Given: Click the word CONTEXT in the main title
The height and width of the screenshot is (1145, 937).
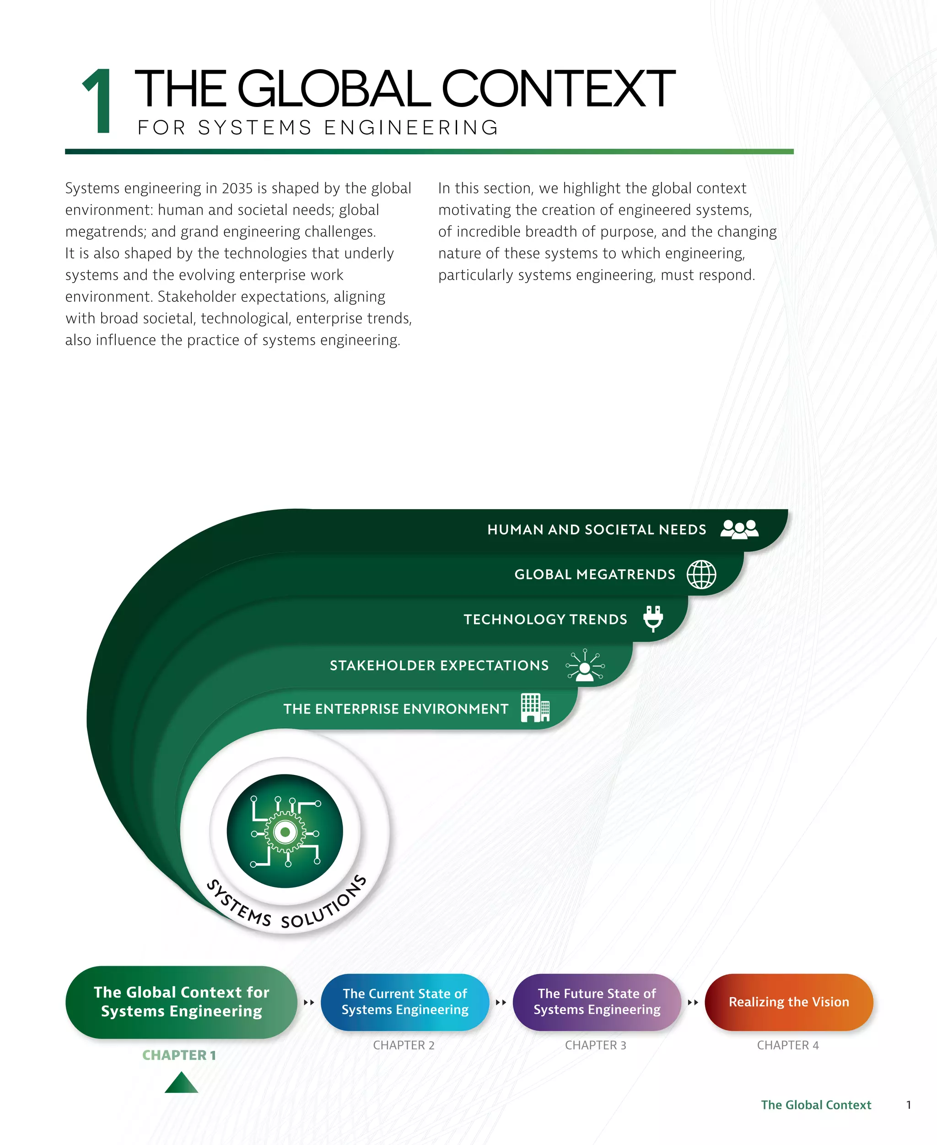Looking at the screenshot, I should click(558, 89).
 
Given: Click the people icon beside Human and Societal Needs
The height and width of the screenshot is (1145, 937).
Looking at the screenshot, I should click(739, 529).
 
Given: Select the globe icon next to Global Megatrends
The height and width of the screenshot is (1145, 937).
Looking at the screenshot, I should click(701, 574).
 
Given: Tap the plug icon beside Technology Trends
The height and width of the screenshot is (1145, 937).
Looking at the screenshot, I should click(653, 618).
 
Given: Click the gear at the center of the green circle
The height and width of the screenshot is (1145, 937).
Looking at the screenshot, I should click(285, 832).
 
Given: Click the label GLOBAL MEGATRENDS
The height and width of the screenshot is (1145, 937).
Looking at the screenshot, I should click(594, 575).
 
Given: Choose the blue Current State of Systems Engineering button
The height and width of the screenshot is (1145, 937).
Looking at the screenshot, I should click(405, 1002).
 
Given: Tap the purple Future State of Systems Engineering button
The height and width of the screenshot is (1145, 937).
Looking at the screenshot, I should click(597, 1002).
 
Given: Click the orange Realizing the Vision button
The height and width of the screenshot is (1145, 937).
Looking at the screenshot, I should click(789, 1002).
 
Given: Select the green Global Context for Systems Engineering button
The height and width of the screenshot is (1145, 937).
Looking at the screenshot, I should click(181, 1002).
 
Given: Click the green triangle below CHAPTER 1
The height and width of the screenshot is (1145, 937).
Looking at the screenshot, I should click(181, 1082).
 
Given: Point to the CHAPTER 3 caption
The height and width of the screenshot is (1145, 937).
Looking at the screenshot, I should click(595, 1045).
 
